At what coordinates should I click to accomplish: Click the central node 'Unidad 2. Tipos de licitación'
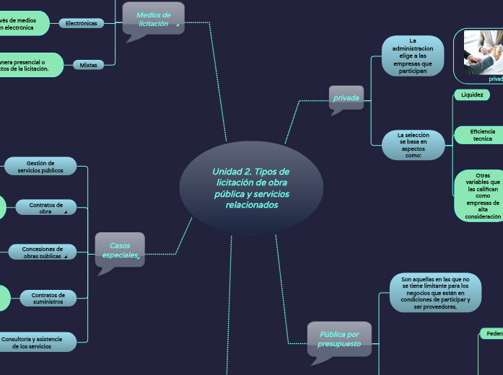250,187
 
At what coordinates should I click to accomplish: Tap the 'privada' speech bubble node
346,97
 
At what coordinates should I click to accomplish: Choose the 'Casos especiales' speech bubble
120,249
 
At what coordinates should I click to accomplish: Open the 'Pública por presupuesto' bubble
339,338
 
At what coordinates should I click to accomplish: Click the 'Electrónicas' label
81,23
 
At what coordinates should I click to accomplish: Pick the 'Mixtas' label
88,65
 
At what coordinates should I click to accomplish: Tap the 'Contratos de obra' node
45,208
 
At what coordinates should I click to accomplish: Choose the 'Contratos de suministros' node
48,298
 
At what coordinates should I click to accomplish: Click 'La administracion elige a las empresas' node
413,56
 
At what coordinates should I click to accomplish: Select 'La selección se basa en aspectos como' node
413,145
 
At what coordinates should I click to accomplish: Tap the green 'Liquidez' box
472,94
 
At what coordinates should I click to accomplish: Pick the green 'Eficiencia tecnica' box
481,135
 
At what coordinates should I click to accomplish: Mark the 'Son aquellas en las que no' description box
434,292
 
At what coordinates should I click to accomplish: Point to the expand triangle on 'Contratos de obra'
66,213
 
